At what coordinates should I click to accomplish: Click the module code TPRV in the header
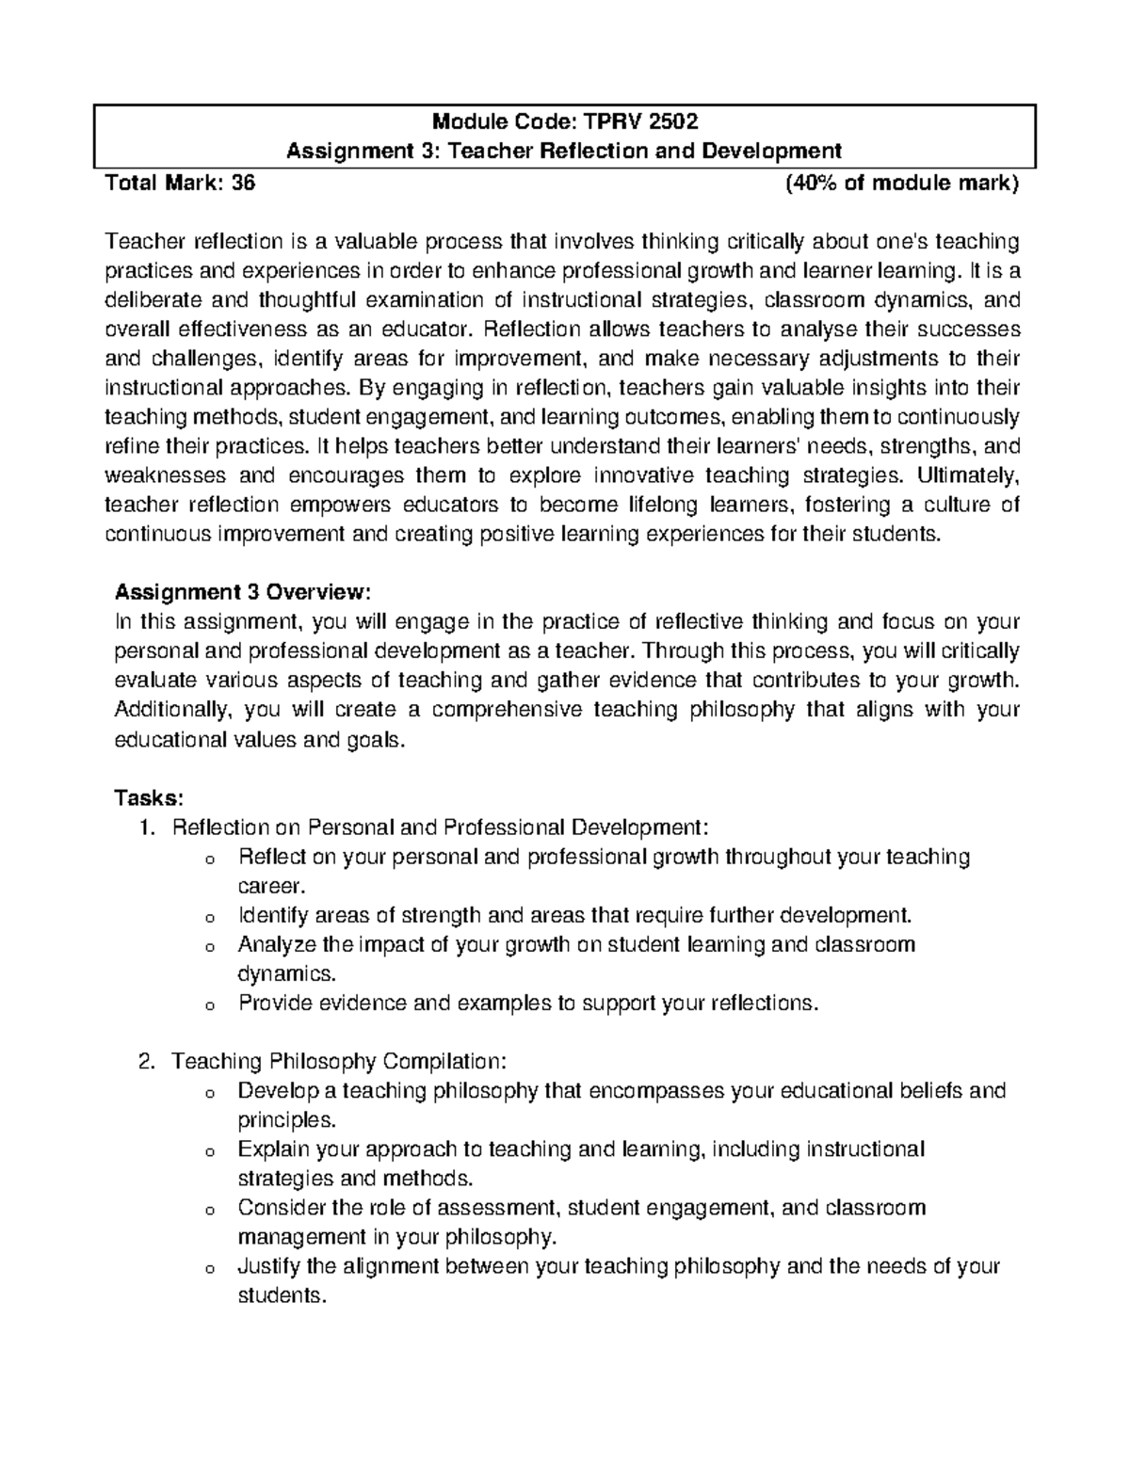click(x=612, y=120)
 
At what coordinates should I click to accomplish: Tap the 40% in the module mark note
click(x=810, y=184)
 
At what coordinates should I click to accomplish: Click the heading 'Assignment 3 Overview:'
click(x=243, y=592)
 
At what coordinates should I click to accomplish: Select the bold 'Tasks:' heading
click(x=148, y=797)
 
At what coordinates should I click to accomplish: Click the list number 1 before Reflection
click(x=144, y=827)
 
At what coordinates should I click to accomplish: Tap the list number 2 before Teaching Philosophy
click(x=144, y=1061)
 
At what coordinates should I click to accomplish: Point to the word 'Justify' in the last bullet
click(x=269, y=1266)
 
